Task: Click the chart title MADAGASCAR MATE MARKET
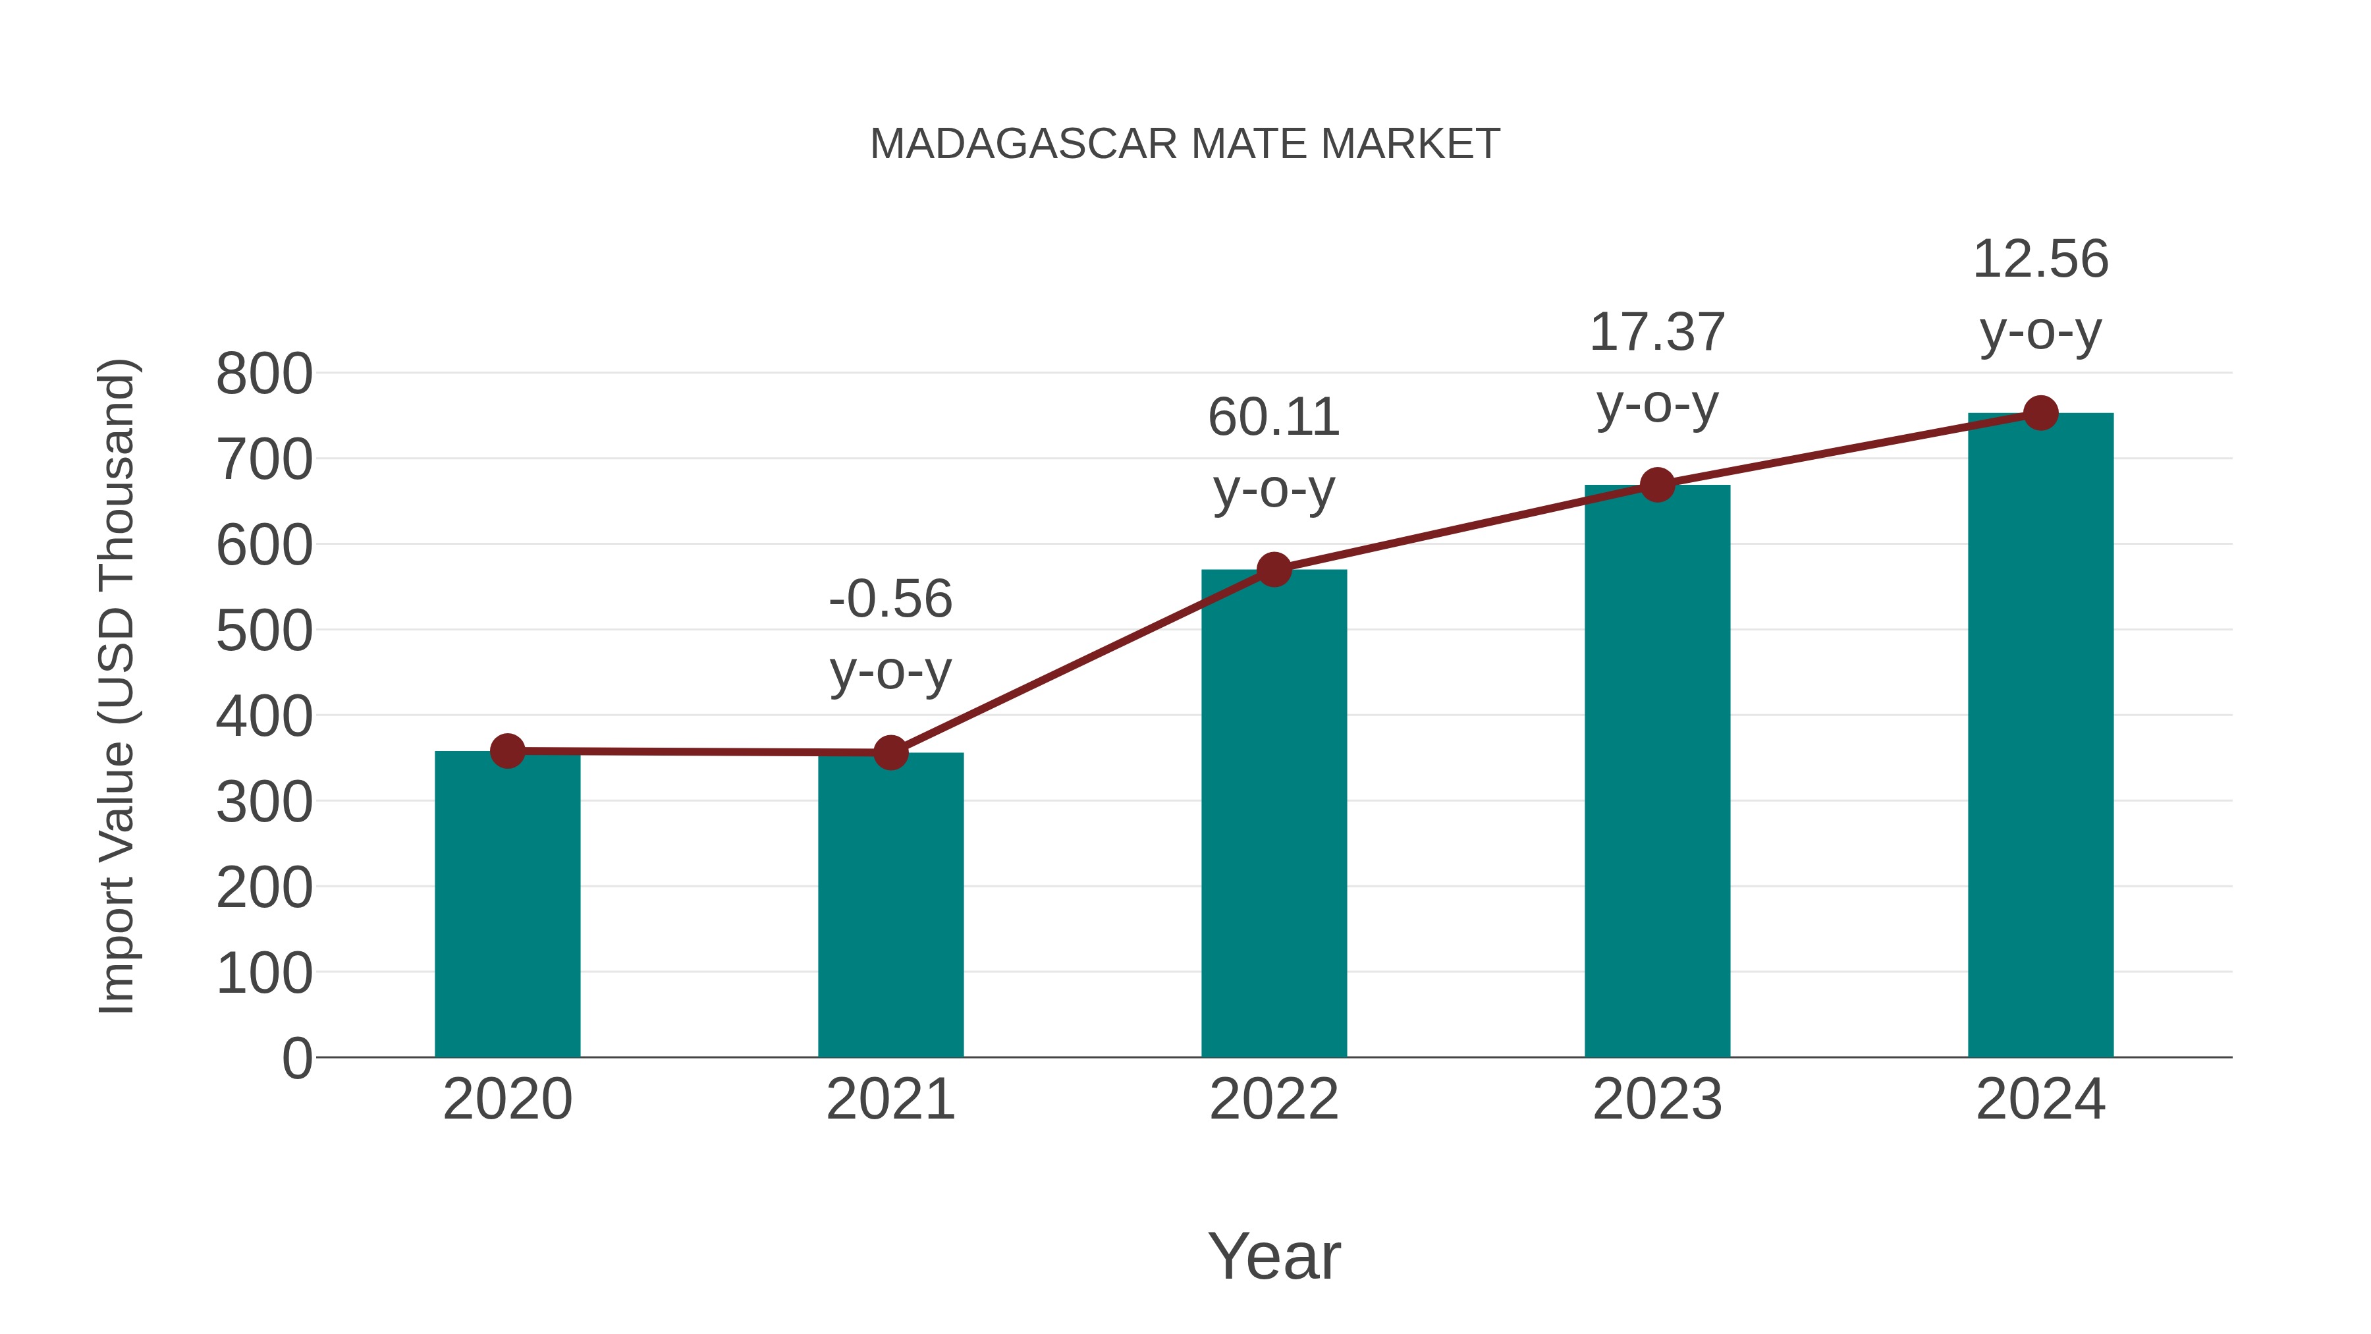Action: (1185, 144)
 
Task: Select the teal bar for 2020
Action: (507, 907)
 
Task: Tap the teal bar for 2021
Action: (890, 907)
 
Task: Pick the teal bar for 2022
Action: (1274, 815)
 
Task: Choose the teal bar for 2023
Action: (1657, 773)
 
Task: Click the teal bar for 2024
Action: (2040, 736)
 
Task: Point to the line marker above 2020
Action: (507, 751)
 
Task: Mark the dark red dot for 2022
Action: (1274, 570)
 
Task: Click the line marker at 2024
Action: (2040, 413)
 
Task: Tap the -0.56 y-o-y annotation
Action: (890, 634)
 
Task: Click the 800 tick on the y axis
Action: (264, 375)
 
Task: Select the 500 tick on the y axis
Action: (264, 632)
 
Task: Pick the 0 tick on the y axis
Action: (296, 1059)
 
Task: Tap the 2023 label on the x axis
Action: (1657, 1099)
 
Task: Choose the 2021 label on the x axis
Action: (890, 1099)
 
